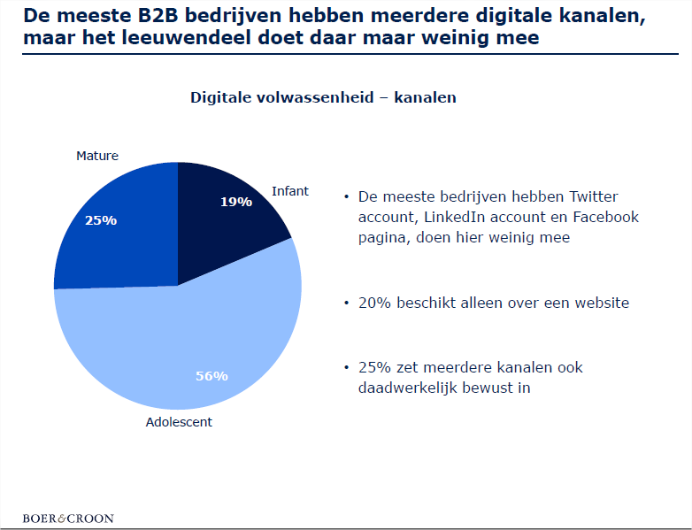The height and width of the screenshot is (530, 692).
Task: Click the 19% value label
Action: (x=236, y=202)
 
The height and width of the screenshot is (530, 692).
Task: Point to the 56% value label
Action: (x=211, y=375)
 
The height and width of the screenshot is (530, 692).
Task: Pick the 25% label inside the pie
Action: (x=101, y=220)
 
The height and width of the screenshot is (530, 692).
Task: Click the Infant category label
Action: (x=290, y=191)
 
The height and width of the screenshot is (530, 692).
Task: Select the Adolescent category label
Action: (x=179, y=422)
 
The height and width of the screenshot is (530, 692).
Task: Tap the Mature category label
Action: (x=97, y=156)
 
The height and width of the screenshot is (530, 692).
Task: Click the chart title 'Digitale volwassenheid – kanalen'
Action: (x=323, y=97)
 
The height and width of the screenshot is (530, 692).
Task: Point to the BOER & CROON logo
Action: (x=68, y=518)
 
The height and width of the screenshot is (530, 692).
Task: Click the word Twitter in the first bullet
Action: (x=594, y=196)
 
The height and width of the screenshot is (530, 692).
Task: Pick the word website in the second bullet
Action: (x=598, y=303)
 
